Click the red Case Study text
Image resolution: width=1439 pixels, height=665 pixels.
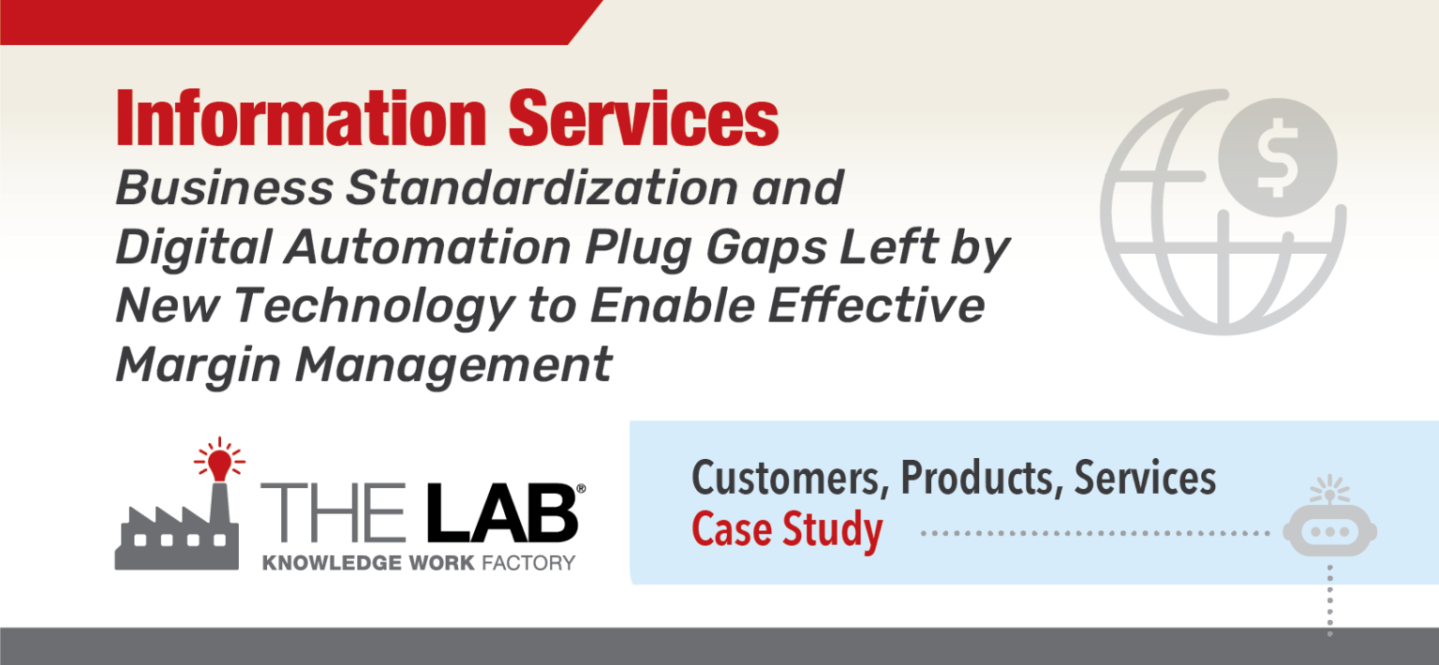coord(787,530)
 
